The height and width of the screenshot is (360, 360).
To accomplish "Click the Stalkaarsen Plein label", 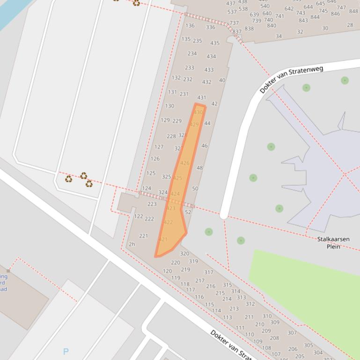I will pos(333,243).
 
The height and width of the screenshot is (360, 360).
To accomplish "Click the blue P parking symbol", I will pos(66,352).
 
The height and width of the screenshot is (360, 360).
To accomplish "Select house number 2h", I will pos(132,244).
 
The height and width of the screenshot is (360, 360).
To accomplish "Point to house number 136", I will pos(190,26).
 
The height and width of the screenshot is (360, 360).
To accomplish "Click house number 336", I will pos(211,27).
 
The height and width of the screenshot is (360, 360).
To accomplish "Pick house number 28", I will pos(350,25).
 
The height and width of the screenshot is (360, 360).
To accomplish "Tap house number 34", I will pos(279,36).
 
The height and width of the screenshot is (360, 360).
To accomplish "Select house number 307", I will pos(292,333).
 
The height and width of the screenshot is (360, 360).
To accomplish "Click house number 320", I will pos(184,254).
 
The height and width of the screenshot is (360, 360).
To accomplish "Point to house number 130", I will pos(169,106).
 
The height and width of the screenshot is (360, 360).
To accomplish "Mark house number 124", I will pos(147,188).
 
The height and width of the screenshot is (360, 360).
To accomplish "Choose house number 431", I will pos(201,98).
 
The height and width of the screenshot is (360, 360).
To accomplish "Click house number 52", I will pos(188,212).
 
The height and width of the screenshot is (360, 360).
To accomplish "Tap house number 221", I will pos(143,236).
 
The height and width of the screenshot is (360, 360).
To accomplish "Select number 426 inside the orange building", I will pos(185,163).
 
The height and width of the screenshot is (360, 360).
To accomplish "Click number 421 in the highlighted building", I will pos(163,239).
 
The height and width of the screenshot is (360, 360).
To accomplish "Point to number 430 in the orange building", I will pos(198,112).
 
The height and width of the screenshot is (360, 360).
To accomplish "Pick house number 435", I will pos(214,43).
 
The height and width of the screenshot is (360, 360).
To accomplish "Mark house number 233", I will pos(189,68).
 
